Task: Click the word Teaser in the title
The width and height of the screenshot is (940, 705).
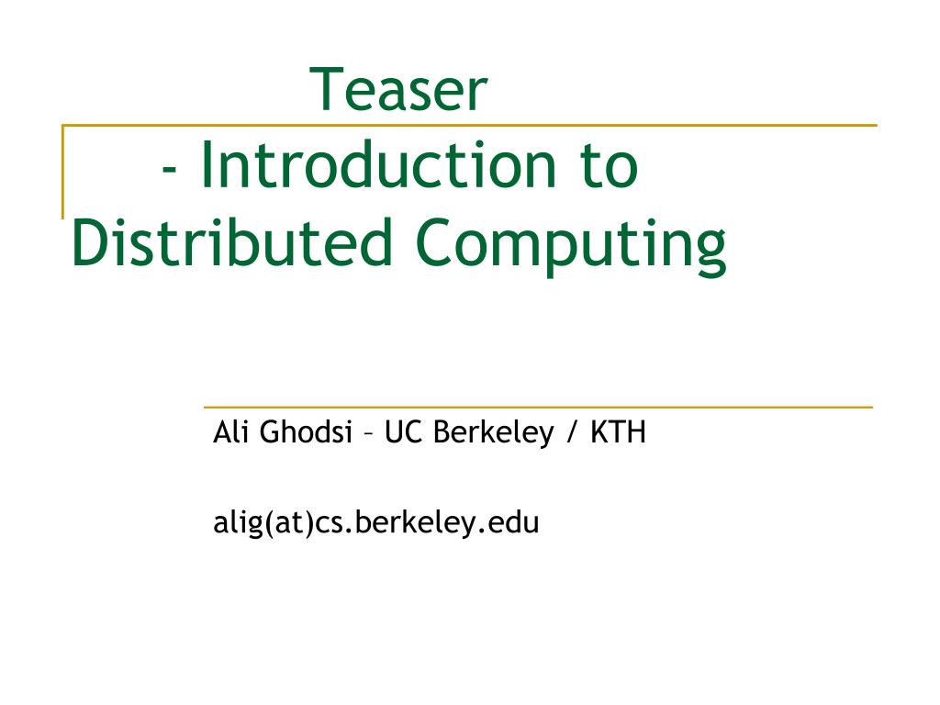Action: [399, 90]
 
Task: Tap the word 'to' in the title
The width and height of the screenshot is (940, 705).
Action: [607, 166]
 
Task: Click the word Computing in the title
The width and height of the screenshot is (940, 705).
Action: [569, 244]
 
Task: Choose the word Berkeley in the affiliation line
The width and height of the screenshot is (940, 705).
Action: [493, 431]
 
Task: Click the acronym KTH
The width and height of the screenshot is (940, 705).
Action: [618, 431]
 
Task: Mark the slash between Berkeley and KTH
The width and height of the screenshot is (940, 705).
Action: [572, 432]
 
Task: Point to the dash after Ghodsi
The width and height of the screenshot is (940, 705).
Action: [368, 433]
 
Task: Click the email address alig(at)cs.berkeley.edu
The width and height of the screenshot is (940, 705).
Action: [375, 523]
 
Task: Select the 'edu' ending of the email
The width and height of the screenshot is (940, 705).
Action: [515, 523]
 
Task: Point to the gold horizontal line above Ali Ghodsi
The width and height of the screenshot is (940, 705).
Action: [537, 407]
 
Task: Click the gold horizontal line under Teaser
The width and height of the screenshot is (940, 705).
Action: [551, 125]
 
